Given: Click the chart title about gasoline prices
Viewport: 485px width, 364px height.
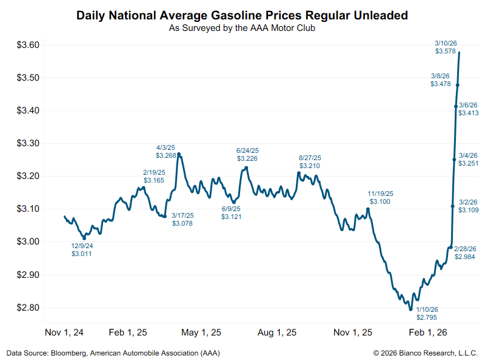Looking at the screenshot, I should pos(242,15).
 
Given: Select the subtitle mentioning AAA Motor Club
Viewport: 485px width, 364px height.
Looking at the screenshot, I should pos(242,27).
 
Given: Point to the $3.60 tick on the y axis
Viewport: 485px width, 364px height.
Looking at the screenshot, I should pos(27,45).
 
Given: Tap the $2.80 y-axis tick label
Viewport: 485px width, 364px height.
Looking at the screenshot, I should pos(27,308).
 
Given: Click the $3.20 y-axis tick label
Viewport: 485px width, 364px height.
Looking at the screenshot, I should pos(27,176).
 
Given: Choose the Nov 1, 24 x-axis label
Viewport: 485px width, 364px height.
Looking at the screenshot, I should pos(64,332).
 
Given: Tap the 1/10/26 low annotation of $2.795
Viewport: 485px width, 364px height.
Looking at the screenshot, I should pos(427,313).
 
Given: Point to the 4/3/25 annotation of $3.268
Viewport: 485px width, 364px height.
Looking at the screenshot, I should pos(166,151).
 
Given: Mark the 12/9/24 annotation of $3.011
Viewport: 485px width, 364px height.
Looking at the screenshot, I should pos(82,249).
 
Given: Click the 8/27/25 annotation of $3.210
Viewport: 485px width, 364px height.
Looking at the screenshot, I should pos(310,161).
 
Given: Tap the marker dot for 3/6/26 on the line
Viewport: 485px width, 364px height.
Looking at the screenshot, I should pos(455,106).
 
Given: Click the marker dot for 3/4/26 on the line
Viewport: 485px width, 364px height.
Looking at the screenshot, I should pos(454,160).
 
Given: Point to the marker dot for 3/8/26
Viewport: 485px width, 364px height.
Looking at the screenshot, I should pos(457,85).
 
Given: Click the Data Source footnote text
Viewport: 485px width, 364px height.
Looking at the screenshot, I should pos(113,352).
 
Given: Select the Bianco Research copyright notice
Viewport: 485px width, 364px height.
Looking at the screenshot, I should pos(426,352).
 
